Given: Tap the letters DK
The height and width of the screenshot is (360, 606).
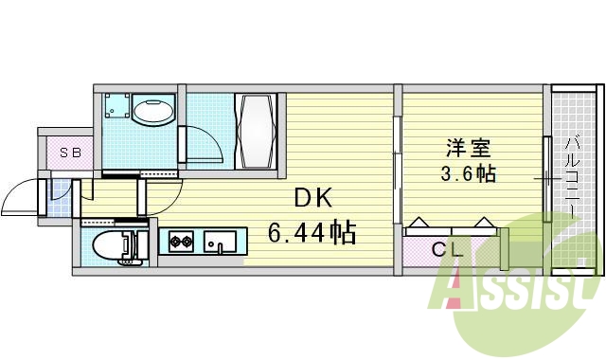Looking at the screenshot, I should coord(312,198).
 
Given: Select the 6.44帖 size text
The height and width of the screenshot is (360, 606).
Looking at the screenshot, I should coord(312,232).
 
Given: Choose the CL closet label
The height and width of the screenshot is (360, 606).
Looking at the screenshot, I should coord(447,250).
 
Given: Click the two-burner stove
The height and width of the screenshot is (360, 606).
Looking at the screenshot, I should coord(180,243).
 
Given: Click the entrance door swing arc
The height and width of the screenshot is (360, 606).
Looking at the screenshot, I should coord(19,197).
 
